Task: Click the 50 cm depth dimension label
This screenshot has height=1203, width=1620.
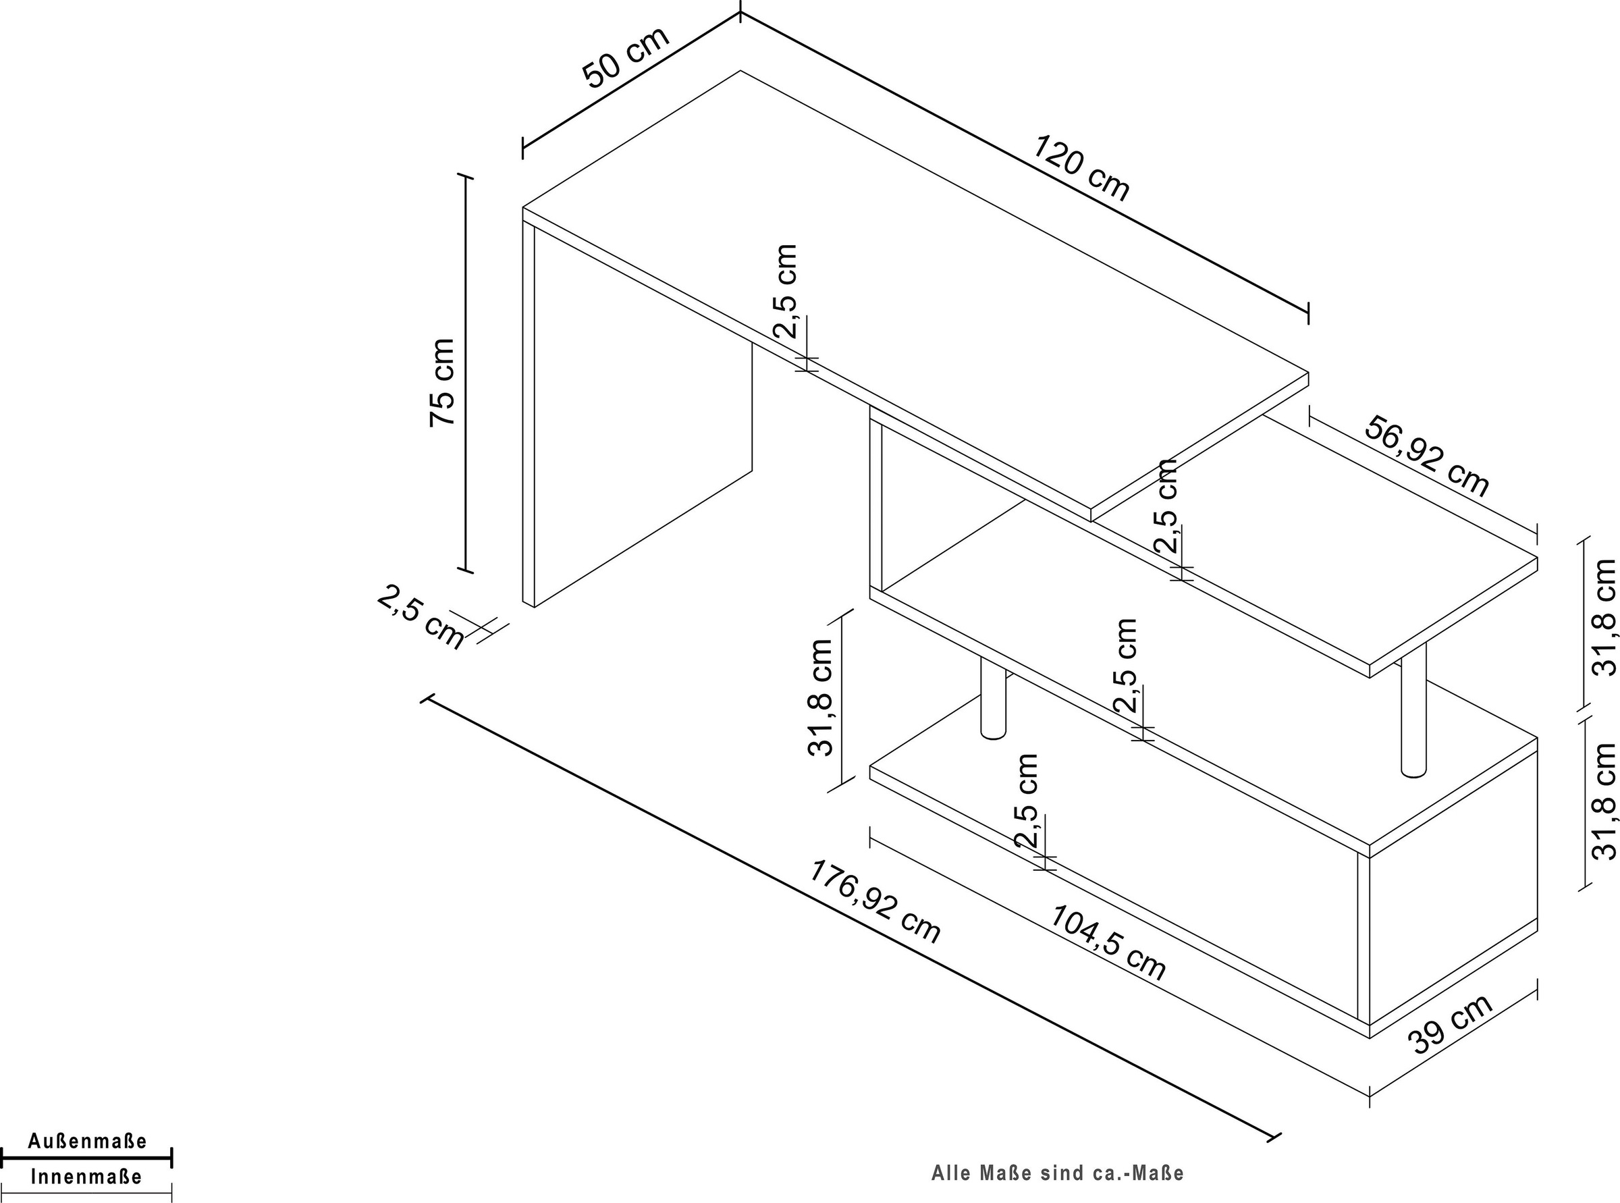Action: [x=626, y=57]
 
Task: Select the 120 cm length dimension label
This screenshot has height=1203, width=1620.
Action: [x=1082, y=167]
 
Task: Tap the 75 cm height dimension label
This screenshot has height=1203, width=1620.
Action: [x=442, y=382]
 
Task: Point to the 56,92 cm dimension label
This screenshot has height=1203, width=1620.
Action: [x=1427, y=456]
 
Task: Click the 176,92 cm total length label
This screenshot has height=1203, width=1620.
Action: [x=876, y=901]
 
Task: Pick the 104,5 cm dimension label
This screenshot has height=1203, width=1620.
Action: [x=1108, y=942]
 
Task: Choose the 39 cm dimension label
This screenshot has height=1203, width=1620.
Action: [x=1451, y=1023]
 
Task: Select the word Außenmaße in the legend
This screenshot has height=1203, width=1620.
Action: [x=87, y=1140]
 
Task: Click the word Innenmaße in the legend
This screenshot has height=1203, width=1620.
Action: [x=86, y=1176]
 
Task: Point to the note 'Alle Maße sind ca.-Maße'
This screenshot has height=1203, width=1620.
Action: [x=1058, y=1173]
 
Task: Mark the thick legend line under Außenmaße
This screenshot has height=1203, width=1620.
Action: [x=86, y=1157]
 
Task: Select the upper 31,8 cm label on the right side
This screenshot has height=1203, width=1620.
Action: [x=1605, y=617]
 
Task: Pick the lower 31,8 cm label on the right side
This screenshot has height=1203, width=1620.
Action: [x=1605, y=801]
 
